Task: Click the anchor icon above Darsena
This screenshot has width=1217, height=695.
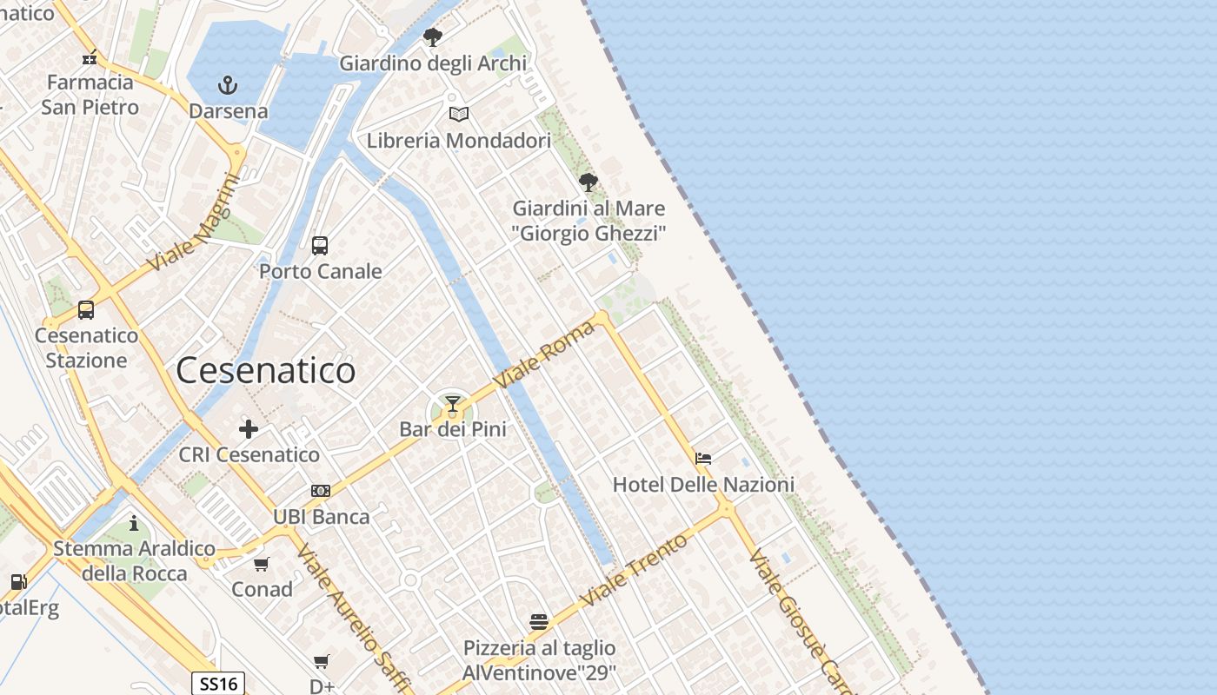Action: [227, 85]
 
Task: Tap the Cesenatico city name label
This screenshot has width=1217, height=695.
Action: [265, 371]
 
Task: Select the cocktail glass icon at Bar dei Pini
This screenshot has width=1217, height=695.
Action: [452, 404]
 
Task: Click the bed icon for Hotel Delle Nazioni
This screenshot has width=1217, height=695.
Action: [703, 458]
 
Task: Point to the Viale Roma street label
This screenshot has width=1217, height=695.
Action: [544, 354]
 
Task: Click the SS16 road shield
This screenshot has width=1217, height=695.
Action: [218, 684]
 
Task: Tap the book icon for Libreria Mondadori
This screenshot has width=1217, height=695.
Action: [459, 114]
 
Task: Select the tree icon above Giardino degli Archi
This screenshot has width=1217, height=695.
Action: [432, 36]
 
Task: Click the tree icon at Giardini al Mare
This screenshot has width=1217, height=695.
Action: [589, 182]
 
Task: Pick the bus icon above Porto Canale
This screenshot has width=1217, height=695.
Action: [320, 246]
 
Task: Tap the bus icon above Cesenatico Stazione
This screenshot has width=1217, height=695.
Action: [86, 310]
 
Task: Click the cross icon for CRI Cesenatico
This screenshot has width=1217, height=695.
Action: [249, 428]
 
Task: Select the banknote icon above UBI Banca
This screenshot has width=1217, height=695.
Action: [321, 491]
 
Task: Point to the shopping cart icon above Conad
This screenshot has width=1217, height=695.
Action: [262, 565]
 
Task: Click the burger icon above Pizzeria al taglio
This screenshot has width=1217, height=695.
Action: [539, 622]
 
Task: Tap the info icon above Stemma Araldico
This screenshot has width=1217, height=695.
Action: [134, 523]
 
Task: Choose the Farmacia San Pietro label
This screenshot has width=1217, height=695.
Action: [90, 95]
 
